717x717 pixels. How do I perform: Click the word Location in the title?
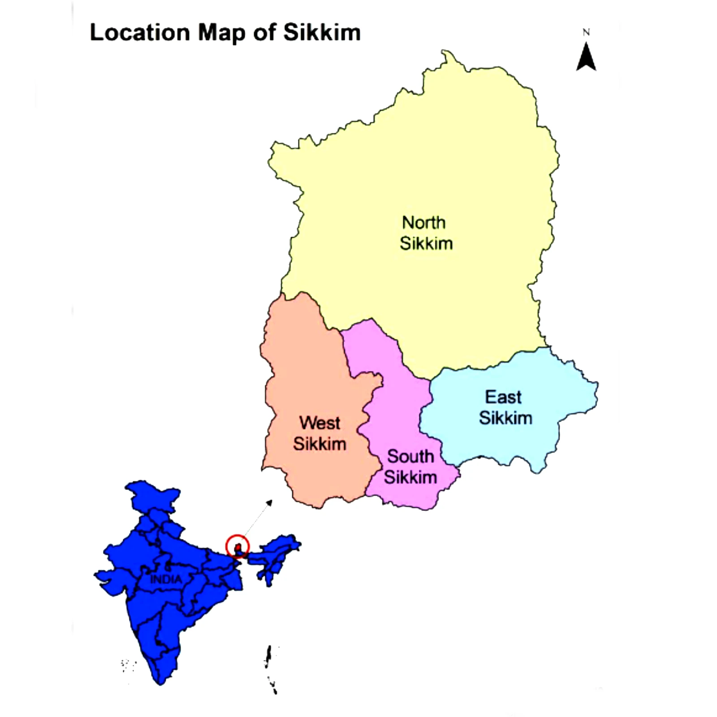(140, 33)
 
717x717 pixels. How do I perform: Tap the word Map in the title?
(222, 33)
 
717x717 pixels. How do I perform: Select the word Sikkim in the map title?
(322, 33)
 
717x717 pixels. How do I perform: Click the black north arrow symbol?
(586, 57)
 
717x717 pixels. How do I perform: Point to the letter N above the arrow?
(586, 32)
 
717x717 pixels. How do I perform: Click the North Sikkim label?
(425, 233)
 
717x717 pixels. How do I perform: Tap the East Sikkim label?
(505, 407)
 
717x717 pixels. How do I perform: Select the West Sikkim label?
(320, 433)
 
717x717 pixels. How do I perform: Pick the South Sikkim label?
(410, 466)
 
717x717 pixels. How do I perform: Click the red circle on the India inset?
(238, 546)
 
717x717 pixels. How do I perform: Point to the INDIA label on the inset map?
(166, 579)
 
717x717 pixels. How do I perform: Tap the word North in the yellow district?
(423, 223)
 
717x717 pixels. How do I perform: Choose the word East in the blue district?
(503, 397)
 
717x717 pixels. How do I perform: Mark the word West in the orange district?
(320, 423)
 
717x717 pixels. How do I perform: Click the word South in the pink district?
(410, 457)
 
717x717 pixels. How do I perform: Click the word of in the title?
(263, 33)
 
